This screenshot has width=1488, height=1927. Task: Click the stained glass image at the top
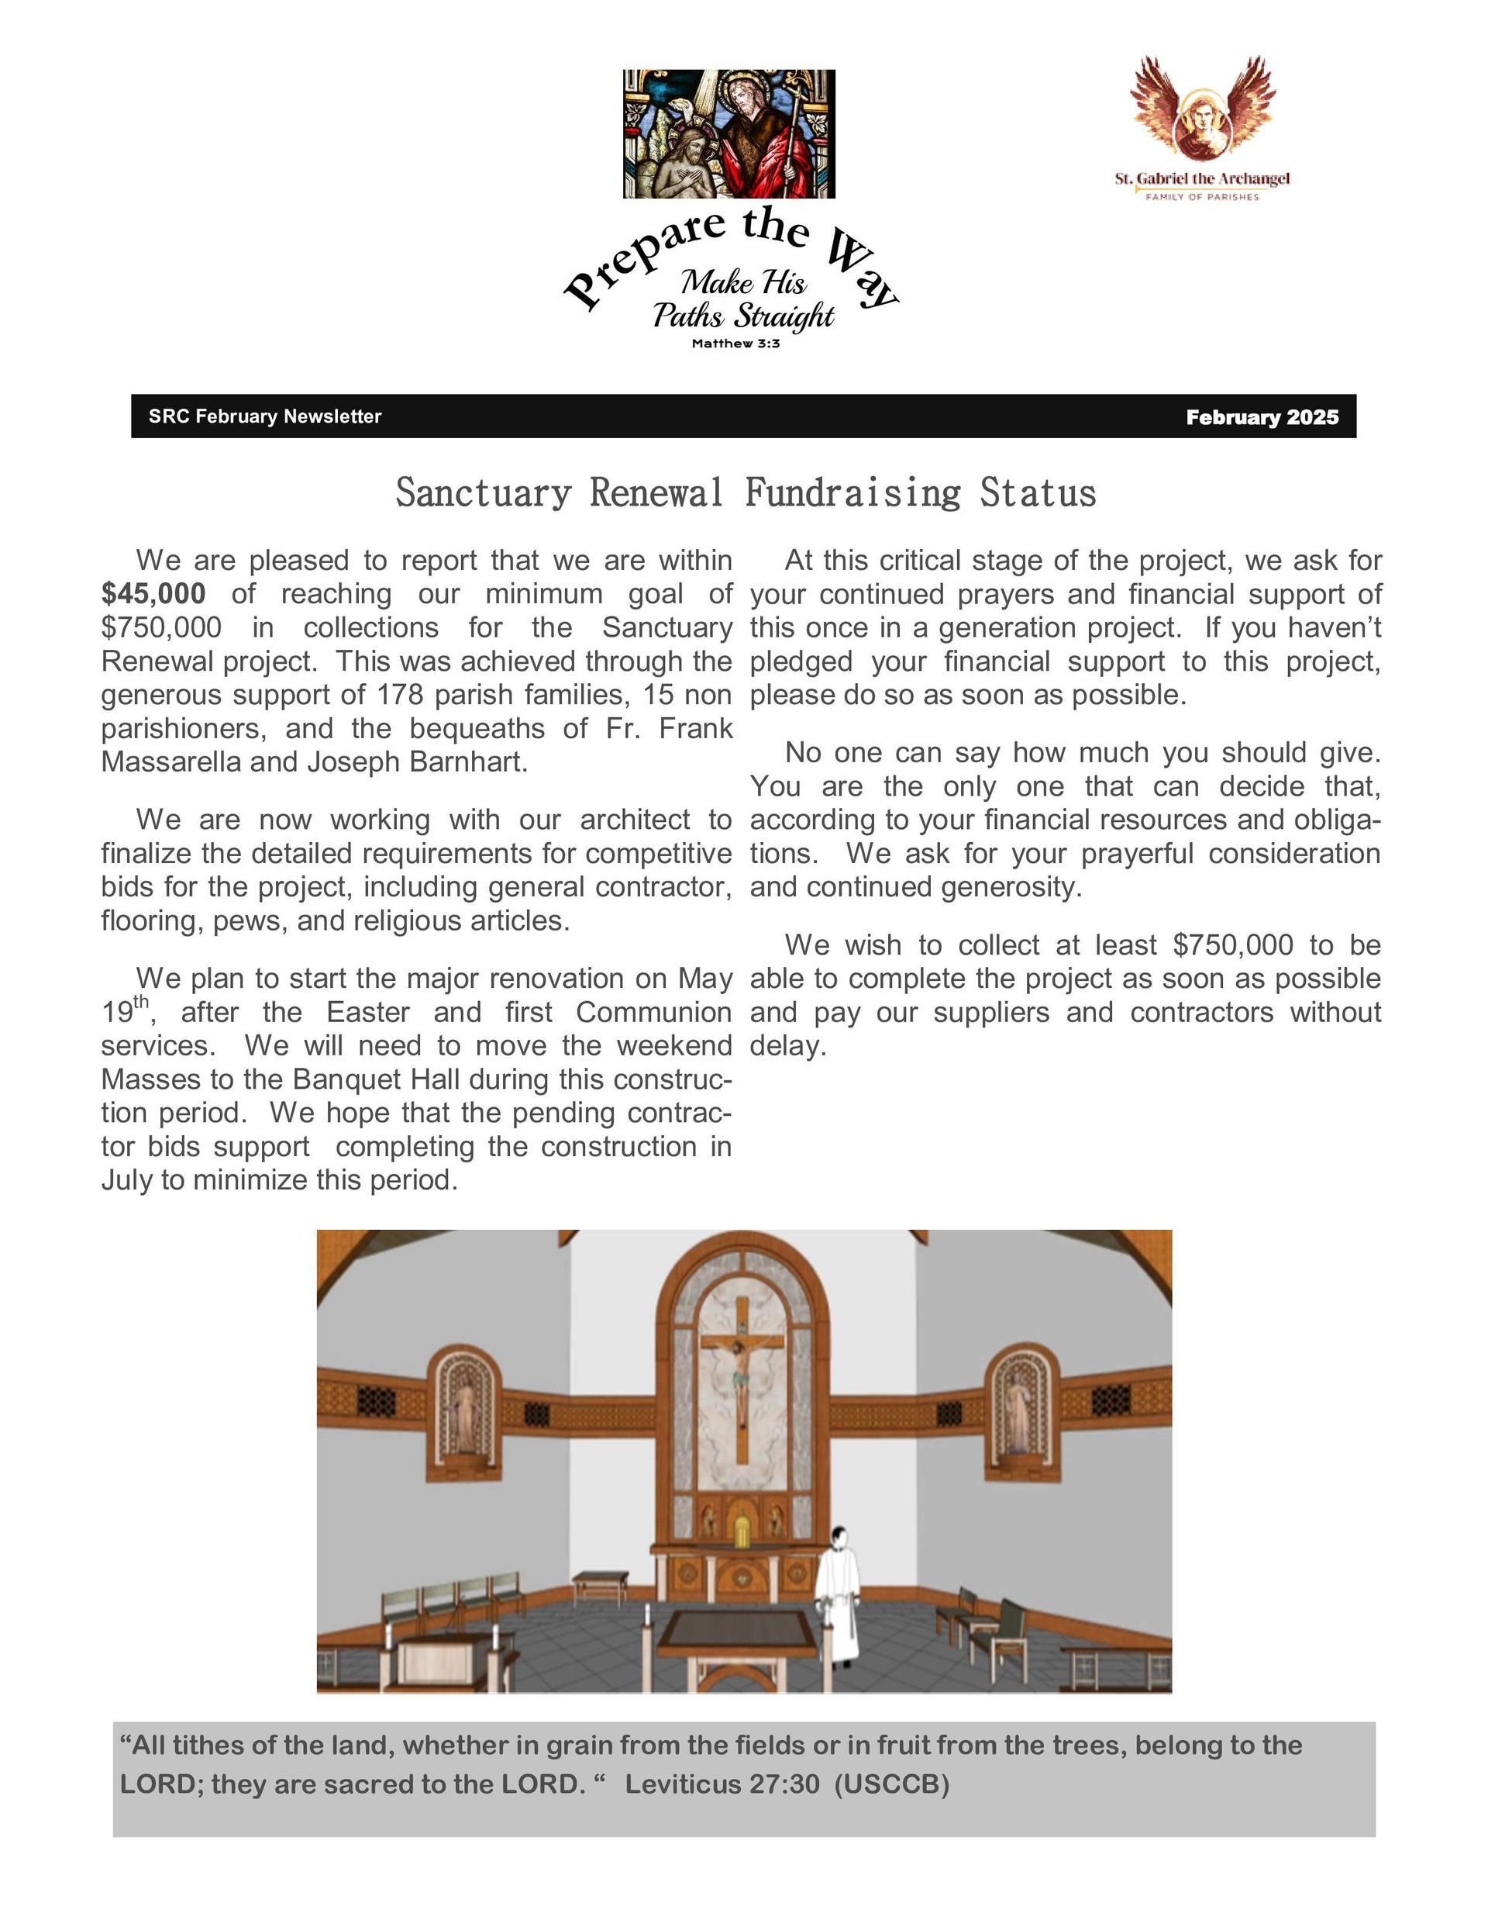[x=728, y=133]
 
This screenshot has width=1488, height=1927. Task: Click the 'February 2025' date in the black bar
[x=1262, y=417]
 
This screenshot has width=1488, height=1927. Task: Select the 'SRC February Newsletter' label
[x=264, y=416]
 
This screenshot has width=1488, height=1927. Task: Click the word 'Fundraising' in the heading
[x=852, y=492]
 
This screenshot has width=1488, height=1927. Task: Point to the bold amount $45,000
[x=153, y=594]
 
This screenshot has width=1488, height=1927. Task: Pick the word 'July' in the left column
[x=127, y=1179]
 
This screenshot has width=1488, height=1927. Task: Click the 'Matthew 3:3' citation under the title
[x=735, y=344]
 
